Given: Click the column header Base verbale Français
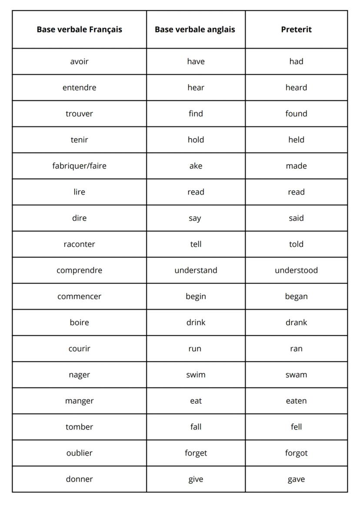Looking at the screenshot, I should coord(79,30).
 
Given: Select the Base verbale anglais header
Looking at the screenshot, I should coord(195,30).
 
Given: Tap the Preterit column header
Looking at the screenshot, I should coord(296,30).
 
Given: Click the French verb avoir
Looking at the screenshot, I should coord(79,61).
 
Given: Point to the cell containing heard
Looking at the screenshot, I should coord(296,87).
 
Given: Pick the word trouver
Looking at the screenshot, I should coord(79,113).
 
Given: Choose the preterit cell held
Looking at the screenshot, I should coord(296,140).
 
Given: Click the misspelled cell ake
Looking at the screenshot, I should coord(196,166).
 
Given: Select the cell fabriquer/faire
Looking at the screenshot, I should coord(79,166).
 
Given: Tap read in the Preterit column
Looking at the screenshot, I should coord(296,192).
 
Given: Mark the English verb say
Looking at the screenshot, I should coord(195,218).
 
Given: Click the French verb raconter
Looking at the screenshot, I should coord(79,244).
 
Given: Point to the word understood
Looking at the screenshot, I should coord(296,270).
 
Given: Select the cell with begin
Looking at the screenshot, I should coord(196,296).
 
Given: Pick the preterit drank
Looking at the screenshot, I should coord(296,322).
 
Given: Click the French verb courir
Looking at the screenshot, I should coord(79,348).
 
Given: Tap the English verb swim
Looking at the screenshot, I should coord(196,374).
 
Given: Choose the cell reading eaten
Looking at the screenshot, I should coord(296,400).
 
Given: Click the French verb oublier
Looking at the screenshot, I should coord(79,452).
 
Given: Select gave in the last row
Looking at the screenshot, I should coord(296,479).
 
